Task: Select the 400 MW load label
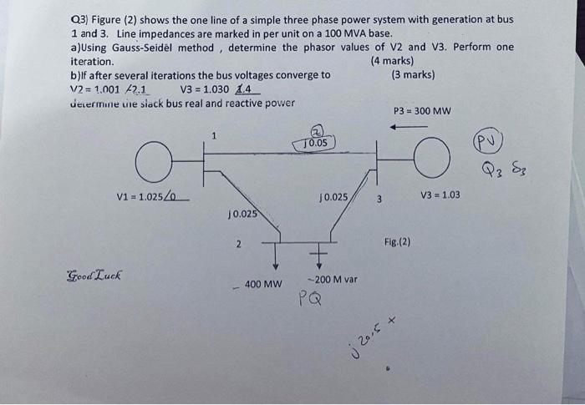click(262, 285)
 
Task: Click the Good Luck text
click(94, 275)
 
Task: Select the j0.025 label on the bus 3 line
click(334, 197)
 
